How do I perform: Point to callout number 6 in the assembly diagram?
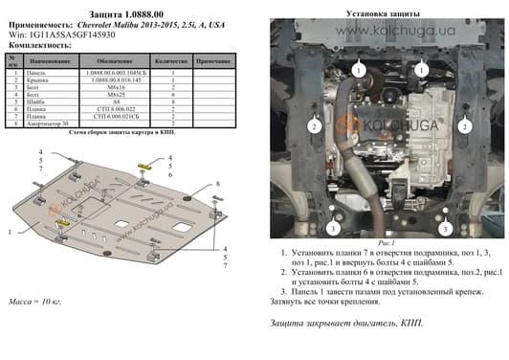tap(170, 175)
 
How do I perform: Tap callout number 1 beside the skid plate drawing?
tap(10, 233)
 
